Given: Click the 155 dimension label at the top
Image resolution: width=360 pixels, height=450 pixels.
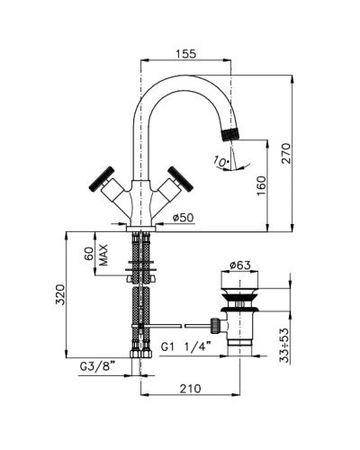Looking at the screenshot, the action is [x=185, y=54].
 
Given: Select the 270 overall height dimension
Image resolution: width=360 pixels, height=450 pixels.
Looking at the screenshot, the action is [x=286, y=153].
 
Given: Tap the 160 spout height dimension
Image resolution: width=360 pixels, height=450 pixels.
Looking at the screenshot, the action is [x=261, y=186].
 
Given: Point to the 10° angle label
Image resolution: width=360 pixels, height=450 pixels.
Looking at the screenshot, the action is [x=221, y=161].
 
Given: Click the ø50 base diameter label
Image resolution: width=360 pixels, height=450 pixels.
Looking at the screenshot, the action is [x=184, y=218].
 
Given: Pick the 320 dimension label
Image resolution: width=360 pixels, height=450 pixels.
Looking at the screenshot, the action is [x=60, y=294].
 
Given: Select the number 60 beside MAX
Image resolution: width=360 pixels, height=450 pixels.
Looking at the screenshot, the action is [x=89, y=254].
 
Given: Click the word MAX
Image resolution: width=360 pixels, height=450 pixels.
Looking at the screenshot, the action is [x=103, y=256].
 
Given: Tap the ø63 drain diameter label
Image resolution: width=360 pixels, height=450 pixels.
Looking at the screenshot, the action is [x=240, y=265].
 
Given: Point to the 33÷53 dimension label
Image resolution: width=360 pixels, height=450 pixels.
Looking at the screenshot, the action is [x=284, y=345].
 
